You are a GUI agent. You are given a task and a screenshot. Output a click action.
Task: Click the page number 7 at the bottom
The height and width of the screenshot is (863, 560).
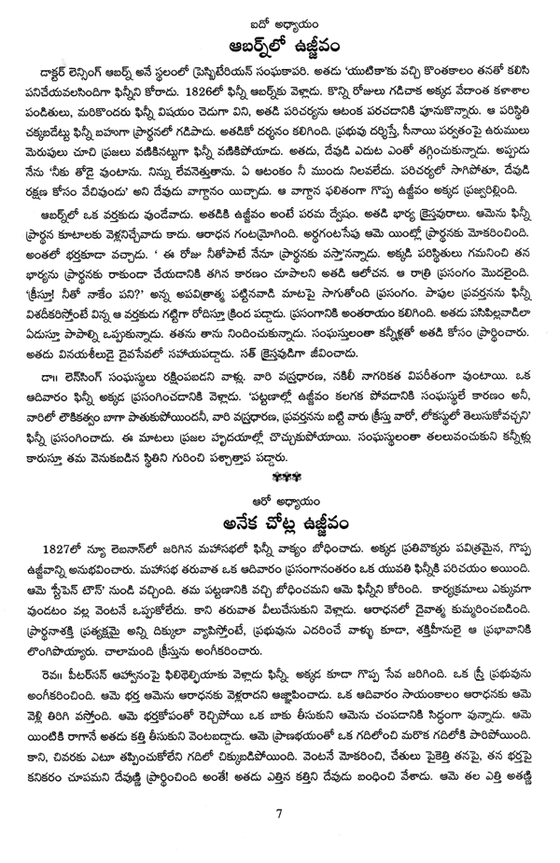[x=280, y=838]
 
